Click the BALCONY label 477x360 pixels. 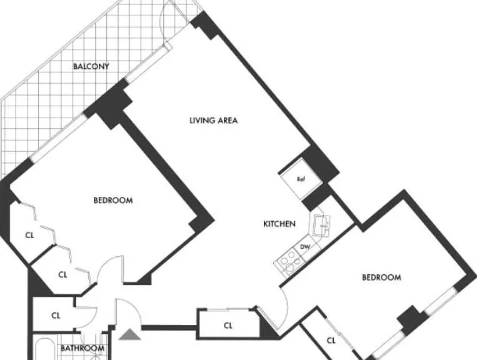(x=91, y=66)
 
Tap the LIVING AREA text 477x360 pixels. (x=214, y=121)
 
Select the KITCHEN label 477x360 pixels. (x=279, y=224)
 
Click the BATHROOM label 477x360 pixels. (x=83, y=348)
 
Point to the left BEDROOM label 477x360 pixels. (x=113, y=201)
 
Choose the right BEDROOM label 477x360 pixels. (x=381, y=277)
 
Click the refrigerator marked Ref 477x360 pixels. (x=301, y=179)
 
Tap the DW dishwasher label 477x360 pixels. (x=305, y=247)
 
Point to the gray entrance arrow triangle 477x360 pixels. (x=130, y=334)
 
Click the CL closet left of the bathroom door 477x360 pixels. (x=56, y=316)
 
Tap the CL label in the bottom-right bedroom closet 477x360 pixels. (x=331, y=341)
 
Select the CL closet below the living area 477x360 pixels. (x=228, y=326)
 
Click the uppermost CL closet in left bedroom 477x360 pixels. (x=30, y=235)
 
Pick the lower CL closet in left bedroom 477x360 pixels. (x=63, y=275)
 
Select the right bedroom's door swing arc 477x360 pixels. (x=286, y=307)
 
